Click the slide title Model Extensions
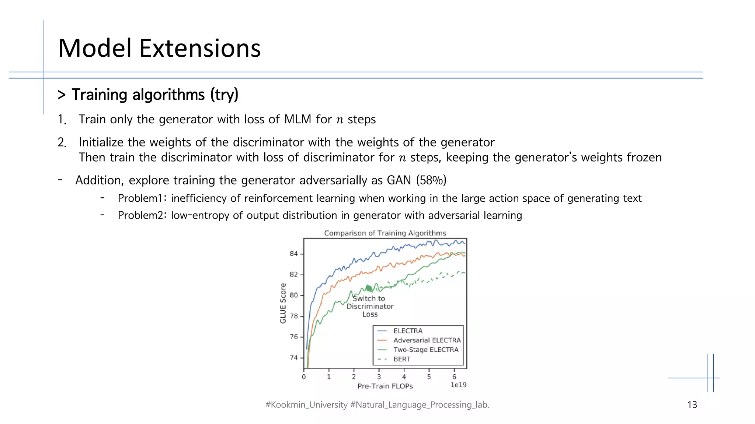pos(159,48)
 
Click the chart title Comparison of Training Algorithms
pos(385,233)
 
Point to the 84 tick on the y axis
pos(293,254)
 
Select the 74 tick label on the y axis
pos(293,357)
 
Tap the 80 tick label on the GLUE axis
pos(293,295)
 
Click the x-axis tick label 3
pos(379,377)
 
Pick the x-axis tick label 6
pos(454,377)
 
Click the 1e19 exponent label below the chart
pos(459,385)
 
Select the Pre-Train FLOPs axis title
pos(385,386)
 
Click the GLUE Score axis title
pos(283,303)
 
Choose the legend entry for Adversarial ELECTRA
pos(427,340)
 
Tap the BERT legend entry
pos(402,359)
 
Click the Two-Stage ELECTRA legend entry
pos(426,350)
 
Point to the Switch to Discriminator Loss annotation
pos(370,306)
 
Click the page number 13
pos(692,405)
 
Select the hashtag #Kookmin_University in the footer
pos(306,405)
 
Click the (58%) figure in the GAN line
pos(431,180)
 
